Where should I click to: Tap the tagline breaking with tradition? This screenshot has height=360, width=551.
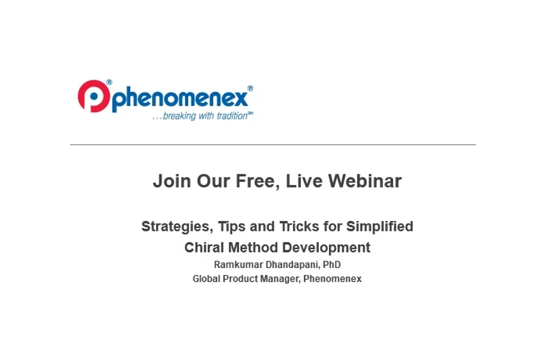[x=203, y=116]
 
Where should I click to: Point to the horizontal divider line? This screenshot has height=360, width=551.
[x=272, y=145]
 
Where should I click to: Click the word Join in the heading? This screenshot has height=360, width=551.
[x=171, y=181]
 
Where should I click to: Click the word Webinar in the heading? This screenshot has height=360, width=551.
[x=365, y=181]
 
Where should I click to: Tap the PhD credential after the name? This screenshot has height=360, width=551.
[x=331, y=265]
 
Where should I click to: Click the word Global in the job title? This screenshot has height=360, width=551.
[x=206, y=279]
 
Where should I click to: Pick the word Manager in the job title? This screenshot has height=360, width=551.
[x=278, y=279]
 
